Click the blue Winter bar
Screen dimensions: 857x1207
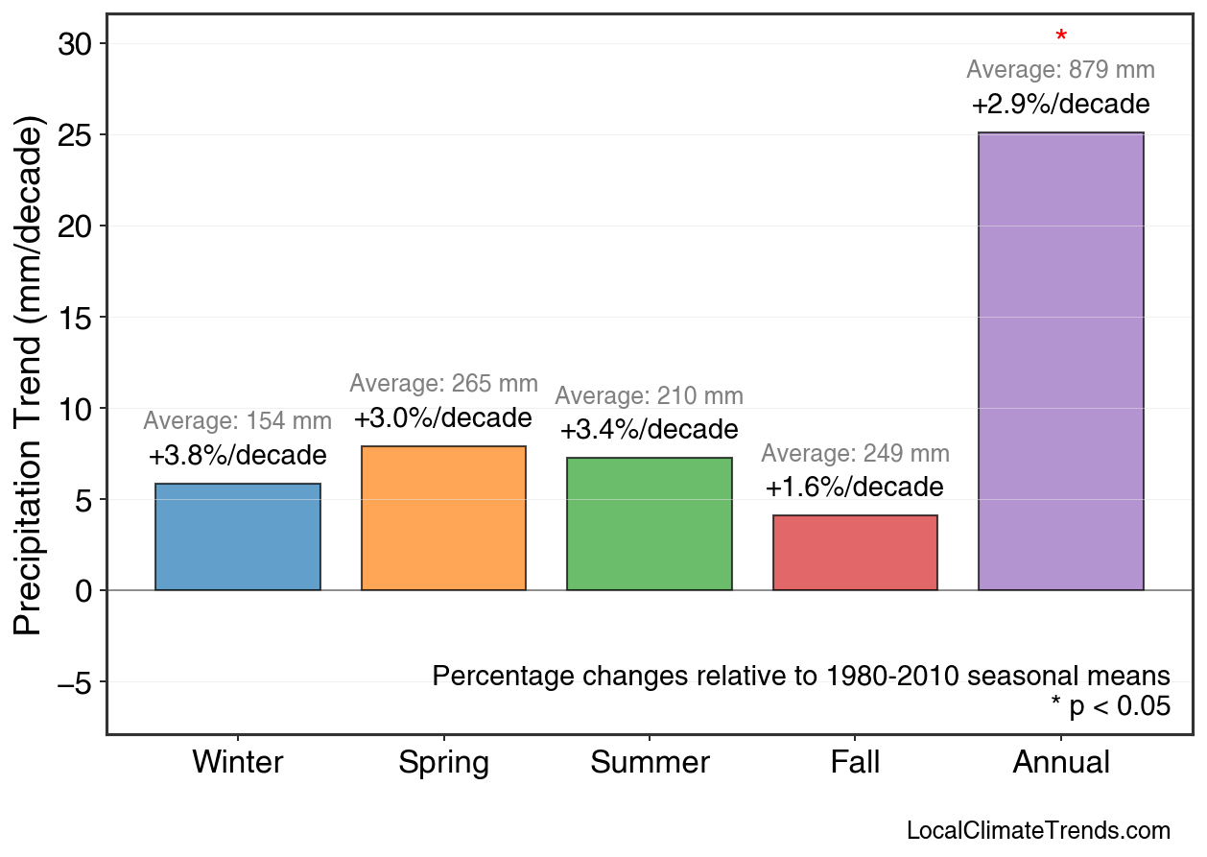(x=237, y=537)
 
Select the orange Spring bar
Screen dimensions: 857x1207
(x=443, y=518)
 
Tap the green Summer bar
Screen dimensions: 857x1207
(x=649, y=524)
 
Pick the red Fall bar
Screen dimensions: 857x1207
(x=855, y=553)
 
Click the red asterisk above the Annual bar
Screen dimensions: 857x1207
(x=1060, y=37)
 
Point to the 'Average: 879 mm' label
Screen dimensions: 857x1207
(x=1060, y=70)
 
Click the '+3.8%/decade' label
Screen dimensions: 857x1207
(x=237, y=456)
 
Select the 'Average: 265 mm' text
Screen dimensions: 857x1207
(x=443, y=384)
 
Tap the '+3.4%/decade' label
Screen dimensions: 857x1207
(x=649, y=429)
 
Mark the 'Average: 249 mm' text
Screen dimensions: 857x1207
(x=855, y=454)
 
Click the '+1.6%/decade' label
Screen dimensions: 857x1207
(x=855, y=488)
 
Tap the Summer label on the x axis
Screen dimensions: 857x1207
(x=650, y=763)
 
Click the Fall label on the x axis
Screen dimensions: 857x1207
(x=855, y=763)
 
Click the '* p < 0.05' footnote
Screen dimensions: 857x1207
(x=1110, y=707)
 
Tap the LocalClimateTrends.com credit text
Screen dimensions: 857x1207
(x=1038, y=831)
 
